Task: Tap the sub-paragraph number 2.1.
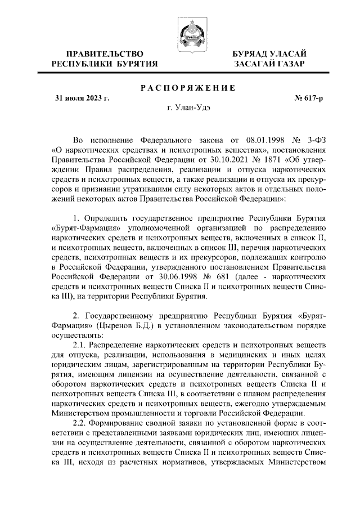click(82, 344)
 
